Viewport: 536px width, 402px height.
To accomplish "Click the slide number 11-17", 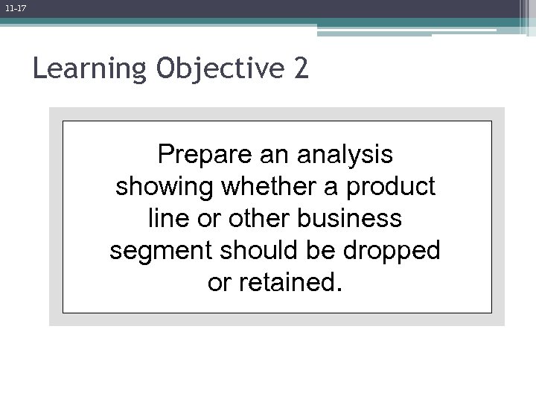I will [15, 7].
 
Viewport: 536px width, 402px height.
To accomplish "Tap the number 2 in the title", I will [300, 69].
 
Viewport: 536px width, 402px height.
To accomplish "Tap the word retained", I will [293, 284].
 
